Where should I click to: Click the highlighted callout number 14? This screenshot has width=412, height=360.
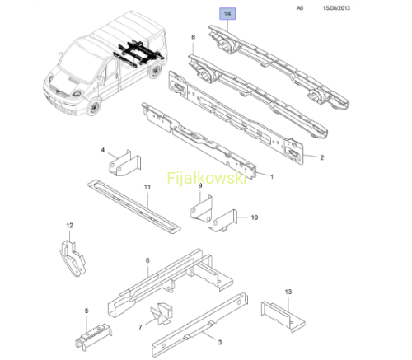tap(227, 13)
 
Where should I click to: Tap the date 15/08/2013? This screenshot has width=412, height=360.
tap(336, 8)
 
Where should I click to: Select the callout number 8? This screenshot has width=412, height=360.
tap(193, 37)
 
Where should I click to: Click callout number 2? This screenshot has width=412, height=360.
tap(322, 157)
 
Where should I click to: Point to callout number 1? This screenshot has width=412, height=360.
tap(272, 176)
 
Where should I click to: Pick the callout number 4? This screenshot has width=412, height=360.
tap(103, 150)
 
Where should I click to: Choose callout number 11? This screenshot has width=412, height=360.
tap(147, 187)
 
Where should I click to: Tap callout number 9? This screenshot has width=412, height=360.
tap(200, 185)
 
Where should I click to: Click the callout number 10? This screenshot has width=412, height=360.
tap(255, 217)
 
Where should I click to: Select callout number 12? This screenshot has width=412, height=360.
tap(70, 226)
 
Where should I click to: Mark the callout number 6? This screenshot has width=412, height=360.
tap(147, 260)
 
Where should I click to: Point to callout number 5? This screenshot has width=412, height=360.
tap(87, 311)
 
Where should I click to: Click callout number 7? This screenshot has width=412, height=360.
tap(140, 327)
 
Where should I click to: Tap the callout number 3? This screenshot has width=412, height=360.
tap(220, 343)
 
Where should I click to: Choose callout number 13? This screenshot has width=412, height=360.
tap(288, 292)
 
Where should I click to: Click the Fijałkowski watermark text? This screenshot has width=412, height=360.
tap(207, 178)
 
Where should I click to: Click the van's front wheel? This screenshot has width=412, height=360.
tap(94, 107)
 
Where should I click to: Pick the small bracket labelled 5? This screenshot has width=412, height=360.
tap(93, 337)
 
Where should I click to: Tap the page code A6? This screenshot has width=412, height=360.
tap(300, 8)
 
